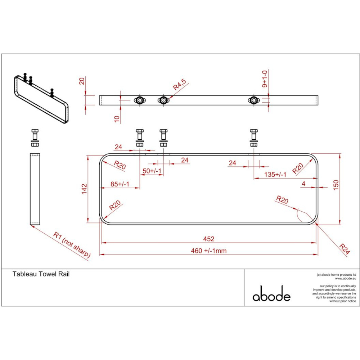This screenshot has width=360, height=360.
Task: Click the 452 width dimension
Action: coord(208,239)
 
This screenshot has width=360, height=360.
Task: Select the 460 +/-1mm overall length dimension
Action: coord(208,251)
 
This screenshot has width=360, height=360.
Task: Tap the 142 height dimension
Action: coord(84,189)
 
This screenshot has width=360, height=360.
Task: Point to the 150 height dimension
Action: coord(336,185)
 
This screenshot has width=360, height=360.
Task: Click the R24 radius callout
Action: coord(344,249)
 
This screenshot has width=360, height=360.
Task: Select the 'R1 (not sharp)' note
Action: coord(72,244)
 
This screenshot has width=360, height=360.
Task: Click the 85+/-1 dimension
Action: coord(120,184)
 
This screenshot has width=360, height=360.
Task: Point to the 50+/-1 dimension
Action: coord(152,171)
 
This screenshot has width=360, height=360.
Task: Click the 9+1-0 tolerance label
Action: coord(265,80)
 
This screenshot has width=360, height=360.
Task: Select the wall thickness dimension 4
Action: coord(303,184)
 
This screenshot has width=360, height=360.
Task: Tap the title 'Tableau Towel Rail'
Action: coord(41,274)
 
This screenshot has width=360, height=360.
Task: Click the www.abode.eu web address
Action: coord(345,278)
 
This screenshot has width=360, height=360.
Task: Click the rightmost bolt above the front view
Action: coord(254,137)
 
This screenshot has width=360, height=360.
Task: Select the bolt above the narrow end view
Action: coord(35,137)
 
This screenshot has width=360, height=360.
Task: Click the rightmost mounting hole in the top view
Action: coord(254,100)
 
